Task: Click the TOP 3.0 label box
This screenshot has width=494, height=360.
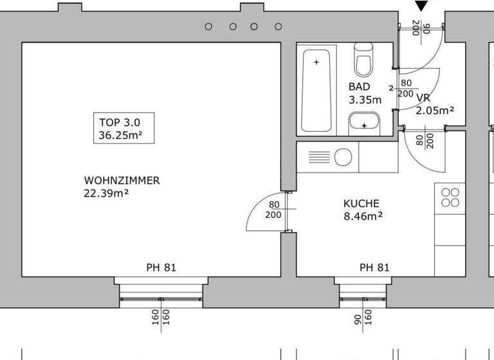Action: (x=123, y=128)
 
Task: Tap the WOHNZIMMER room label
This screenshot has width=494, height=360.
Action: (x=122, y=181)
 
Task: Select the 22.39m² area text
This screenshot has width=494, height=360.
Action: (x=106, y=193)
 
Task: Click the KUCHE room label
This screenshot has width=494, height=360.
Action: (x=361, y=203)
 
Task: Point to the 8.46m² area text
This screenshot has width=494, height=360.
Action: (x=363, y=216)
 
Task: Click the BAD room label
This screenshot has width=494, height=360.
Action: (x=359, y=87)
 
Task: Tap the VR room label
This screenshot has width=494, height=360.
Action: (x=423, y=98)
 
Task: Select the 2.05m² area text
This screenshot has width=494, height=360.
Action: (x=435, y=111)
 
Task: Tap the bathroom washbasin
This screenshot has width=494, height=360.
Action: (x=365, y=122)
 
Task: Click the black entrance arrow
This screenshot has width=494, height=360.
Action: (x=422, y=6)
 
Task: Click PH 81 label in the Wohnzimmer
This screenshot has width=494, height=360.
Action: (x=161, y=267)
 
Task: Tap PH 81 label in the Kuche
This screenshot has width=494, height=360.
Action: (x=374, y=267)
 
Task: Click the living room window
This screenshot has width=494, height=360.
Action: (x=161, y=294)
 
